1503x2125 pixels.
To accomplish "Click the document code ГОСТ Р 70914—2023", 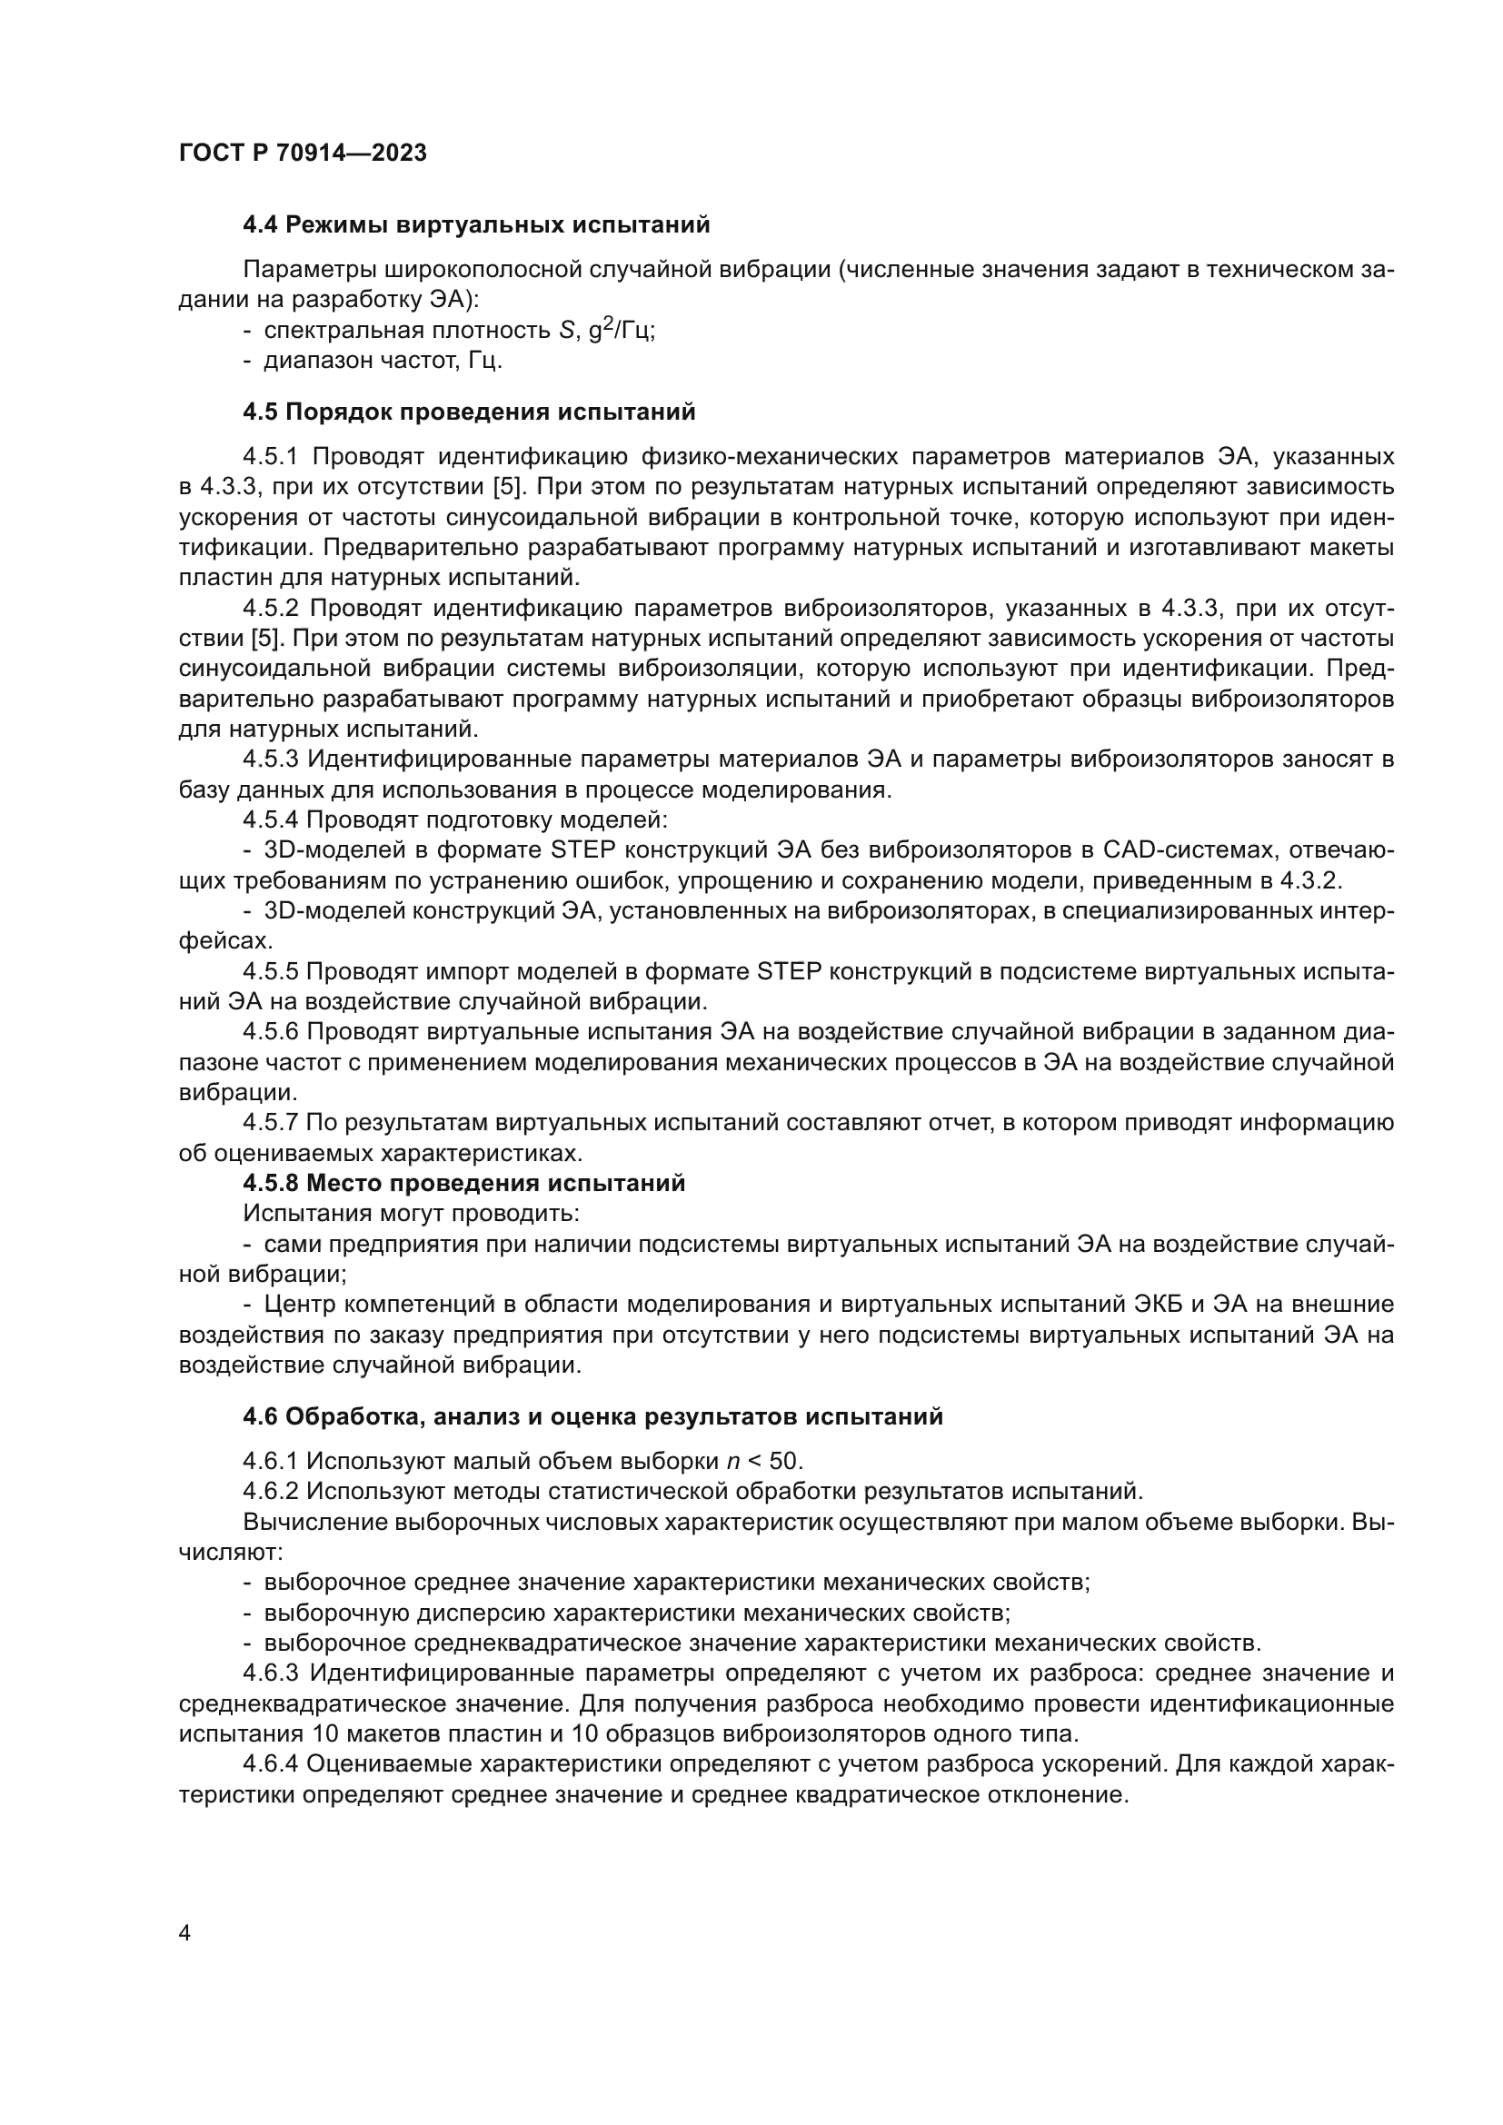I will tap(303, 153).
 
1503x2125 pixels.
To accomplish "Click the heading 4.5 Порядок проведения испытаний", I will tap(468, 412).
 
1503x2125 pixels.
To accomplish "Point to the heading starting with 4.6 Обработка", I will tap(592, 1416).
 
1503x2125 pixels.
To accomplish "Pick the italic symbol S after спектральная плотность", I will tap(566, 332).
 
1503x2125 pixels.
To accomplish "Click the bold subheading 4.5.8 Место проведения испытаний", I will tap(463, 1183).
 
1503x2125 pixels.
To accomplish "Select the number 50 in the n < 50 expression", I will tap(785, 1461).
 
